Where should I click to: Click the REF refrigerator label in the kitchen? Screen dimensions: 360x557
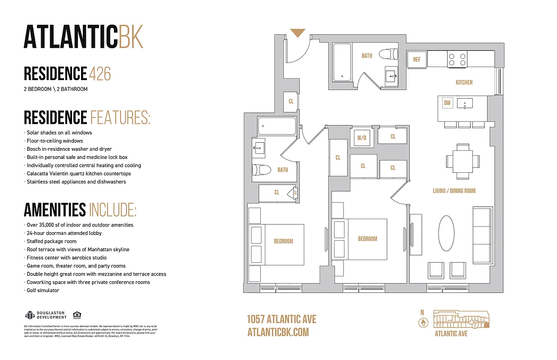click(x=417, y=60)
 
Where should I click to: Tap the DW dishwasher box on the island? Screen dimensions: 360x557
click(x=447, y=103)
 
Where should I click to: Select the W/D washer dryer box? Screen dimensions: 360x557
click(x=362, y=138)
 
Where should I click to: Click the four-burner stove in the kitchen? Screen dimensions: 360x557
click(x=457, y=59)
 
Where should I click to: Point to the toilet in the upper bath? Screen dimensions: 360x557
click(x=388, y=54)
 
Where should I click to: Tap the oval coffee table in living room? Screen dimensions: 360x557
click(x=446, y=233)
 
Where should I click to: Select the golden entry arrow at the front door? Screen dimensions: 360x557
click(x=298, y=33)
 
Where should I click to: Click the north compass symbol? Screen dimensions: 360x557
click(x=422, y=322)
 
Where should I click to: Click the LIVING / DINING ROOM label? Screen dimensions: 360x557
click(x=454, y=191)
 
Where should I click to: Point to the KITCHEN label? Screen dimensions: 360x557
click(x=464, y=82)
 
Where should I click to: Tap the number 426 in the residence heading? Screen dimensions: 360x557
click(x=100, y=74)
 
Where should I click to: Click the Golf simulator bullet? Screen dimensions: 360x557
click(x=43, y=290)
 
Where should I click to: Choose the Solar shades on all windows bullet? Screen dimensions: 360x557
click(x=59, y=133)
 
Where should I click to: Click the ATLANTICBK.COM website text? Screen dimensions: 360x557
click(x=278, y=332)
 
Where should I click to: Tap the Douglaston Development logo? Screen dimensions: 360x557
click(x=45, y=315)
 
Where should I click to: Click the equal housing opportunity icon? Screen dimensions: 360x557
click(x=77, y=315)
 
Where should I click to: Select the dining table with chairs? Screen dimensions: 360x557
click(x=462, y=161)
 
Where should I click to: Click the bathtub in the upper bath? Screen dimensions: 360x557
click(x=342, y=62)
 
